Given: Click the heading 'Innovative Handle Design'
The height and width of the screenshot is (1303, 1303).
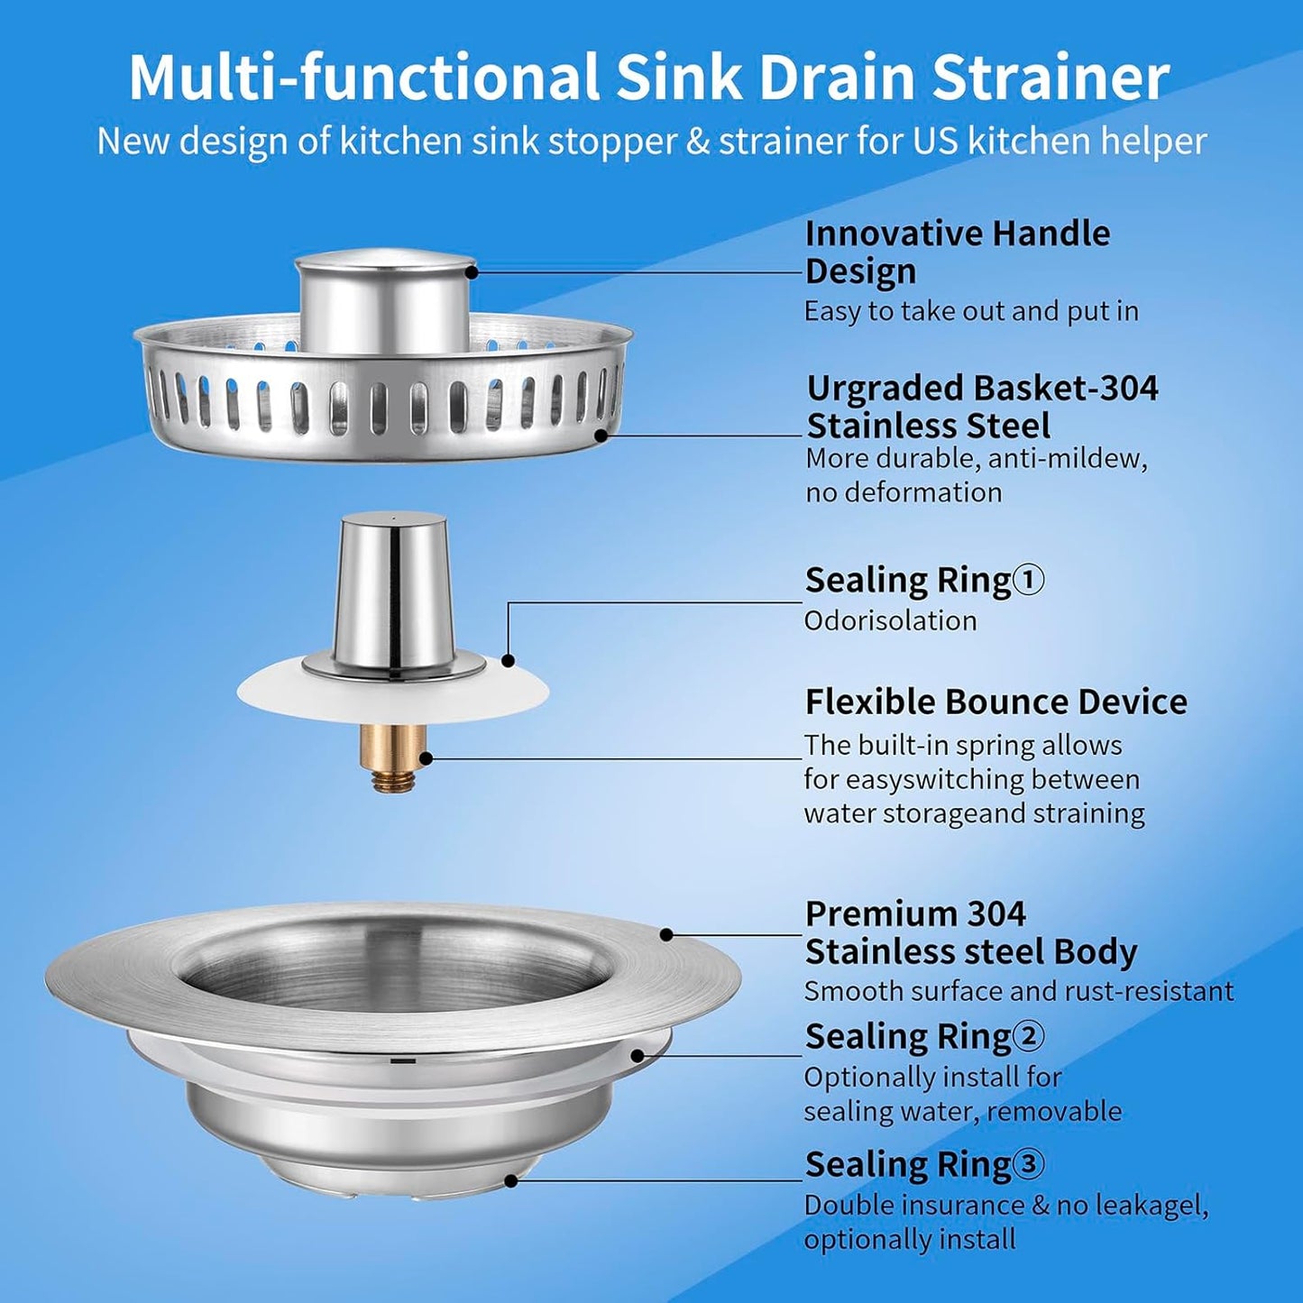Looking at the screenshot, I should point(956,252).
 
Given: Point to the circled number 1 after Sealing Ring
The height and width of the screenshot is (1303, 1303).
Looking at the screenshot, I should point(1028,580).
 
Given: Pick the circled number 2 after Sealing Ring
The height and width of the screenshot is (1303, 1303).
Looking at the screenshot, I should point(1028,1036).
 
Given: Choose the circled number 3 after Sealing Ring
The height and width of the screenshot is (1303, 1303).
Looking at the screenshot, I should point(1028,1164).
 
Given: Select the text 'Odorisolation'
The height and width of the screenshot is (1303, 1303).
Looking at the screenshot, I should point(890,620).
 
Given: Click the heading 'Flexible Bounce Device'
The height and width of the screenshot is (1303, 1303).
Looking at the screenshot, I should point(996,702).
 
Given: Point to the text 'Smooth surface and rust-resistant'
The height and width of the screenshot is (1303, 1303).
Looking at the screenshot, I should point(1018,991).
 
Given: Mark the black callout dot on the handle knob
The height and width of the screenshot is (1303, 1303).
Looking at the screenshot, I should point(471,271).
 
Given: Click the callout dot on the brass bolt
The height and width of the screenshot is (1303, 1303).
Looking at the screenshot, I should point(426,757).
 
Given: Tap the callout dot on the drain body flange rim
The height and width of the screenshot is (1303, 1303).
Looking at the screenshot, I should point(666,934).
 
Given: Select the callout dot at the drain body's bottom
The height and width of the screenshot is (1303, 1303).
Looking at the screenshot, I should point(511,1179).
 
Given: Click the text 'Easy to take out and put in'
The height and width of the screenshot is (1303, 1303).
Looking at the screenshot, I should point(970,311).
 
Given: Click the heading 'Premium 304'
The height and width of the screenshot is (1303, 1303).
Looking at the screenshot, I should point(914,914).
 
